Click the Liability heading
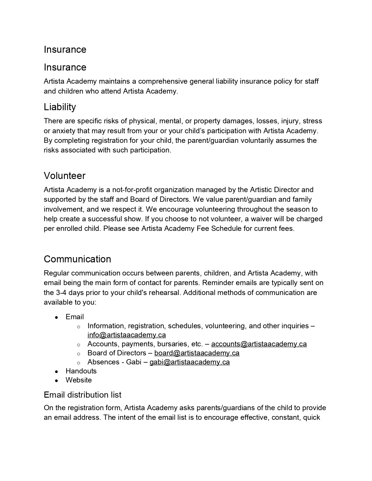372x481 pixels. (x=60, y=107)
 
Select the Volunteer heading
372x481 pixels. (x=64, y=176)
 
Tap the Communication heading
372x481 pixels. (x=77, y=259)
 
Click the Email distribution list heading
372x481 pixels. (x=82, y=395)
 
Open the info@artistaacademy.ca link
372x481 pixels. (x=127, y=335)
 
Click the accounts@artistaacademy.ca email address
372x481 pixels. (x=259, y=344)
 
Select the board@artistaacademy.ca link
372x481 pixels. (x=197, y=353)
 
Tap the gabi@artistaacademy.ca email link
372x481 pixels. (x=189, y=362)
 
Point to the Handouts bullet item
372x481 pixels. (x=81, y=371)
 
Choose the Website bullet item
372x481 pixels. (x=78, y=380)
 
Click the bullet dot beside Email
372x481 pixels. (x=57, y=317)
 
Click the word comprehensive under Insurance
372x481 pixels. (x=163, y=81)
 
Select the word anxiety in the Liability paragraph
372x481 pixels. (x=64, y=131)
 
